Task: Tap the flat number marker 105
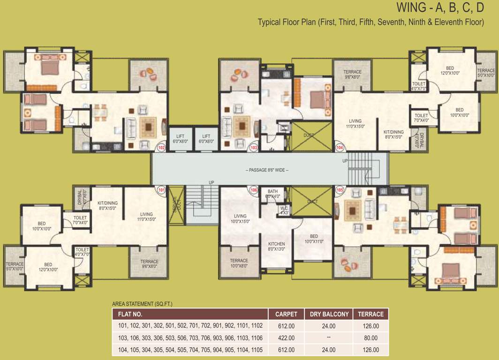click(340, 191)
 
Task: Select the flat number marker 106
click(254, 191)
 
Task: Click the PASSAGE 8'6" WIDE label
click(267, 170)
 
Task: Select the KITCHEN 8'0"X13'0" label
click(276, 247)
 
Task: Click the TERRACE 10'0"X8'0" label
click(239, 263)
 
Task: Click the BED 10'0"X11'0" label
click(314, 239)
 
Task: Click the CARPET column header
click(286, 314)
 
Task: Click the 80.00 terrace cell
click(371, 337)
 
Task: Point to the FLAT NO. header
click(130, 314)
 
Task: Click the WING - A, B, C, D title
click(437, 7)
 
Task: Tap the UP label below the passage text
click(211, 182)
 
